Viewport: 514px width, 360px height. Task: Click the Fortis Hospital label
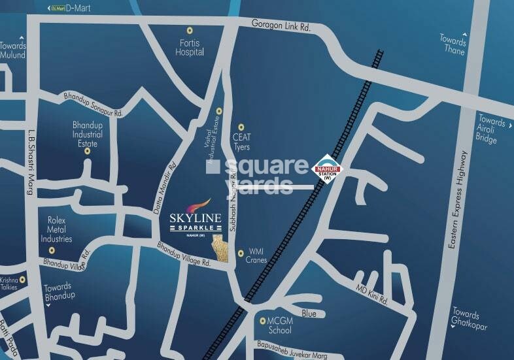pos(190,48)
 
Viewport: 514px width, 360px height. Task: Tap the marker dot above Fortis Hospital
pos(190,30)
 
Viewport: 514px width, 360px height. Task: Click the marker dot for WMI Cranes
pos(241,252)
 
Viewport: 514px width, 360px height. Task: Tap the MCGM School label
pos(275,326)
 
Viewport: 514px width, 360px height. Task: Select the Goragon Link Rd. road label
pos(281,25)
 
